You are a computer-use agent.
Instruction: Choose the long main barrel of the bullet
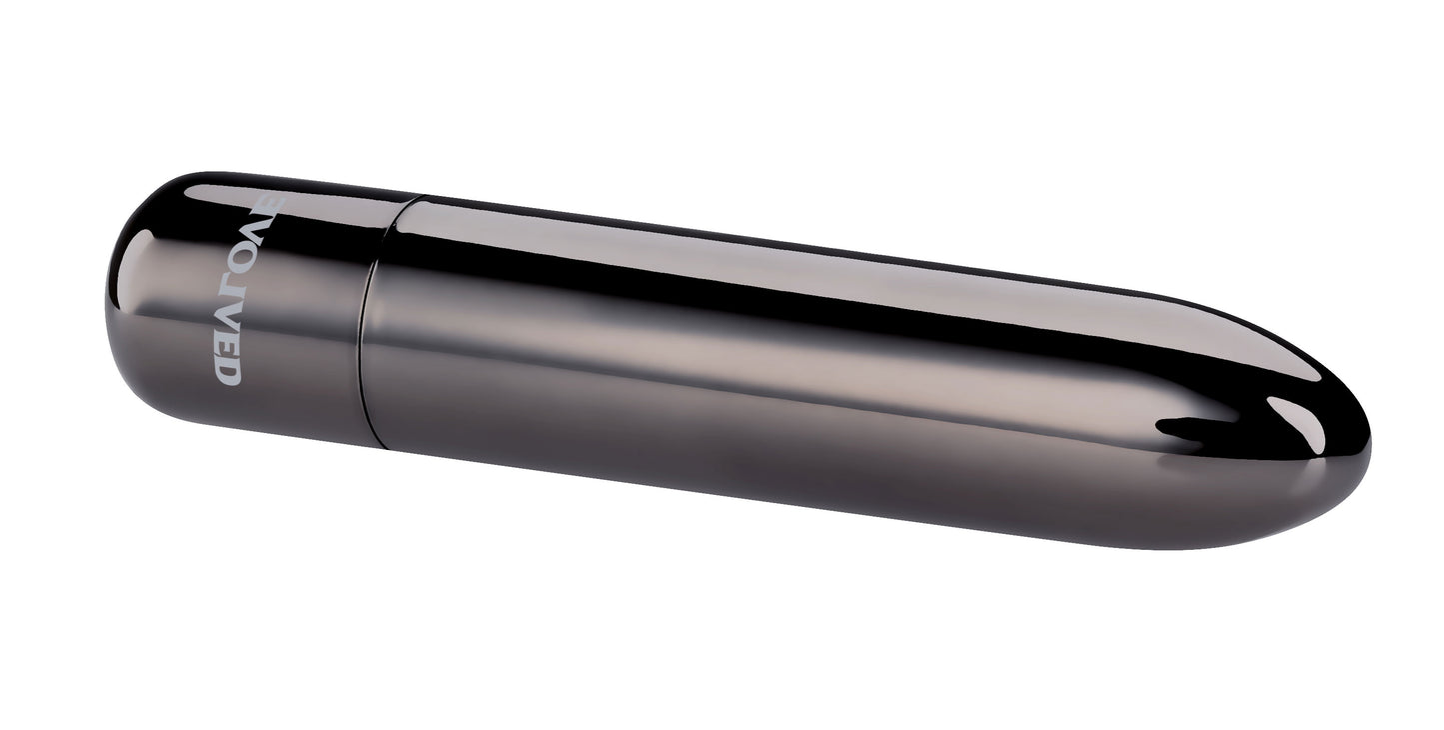point(799,380)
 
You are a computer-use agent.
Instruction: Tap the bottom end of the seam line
point(380,446)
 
